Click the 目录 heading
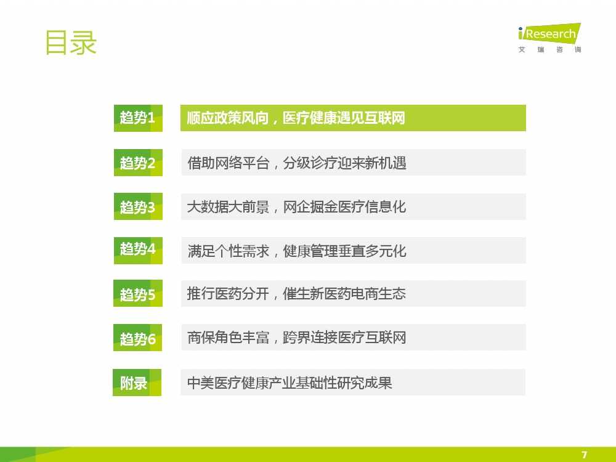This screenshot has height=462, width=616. [71, 43]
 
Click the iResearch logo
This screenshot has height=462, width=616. [549, 38]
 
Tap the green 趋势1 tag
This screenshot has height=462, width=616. [138, 118]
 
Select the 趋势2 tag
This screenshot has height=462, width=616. [138, 163]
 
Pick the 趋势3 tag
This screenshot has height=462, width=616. [138, 206]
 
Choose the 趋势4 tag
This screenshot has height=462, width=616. [138, 250]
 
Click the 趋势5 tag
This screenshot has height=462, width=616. [137, 293]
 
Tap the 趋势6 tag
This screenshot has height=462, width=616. [137, 338]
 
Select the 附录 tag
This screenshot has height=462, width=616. [137, 383]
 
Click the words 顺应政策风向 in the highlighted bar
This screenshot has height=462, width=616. [228, 118]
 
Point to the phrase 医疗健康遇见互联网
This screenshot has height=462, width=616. [344, 118]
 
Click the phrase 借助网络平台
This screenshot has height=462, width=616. [229, 163]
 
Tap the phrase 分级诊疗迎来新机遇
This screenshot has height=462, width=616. [344, 163]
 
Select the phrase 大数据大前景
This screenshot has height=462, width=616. [229, 206]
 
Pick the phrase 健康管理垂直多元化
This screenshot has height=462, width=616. [344, 251]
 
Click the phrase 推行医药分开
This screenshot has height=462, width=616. [229, 293]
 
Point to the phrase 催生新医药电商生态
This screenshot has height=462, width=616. [344, 293]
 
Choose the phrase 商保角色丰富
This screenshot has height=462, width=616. [229, 338]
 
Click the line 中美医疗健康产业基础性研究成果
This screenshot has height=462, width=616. [290, 383]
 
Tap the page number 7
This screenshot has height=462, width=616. [584, 455]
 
